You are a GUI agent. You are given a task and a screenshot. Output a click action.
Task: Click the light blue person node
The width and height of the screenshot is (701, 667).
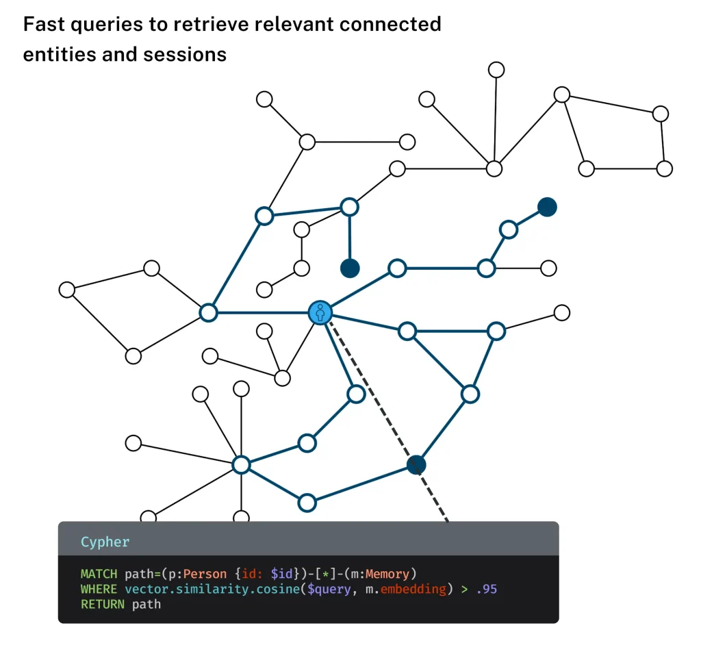point(320,313)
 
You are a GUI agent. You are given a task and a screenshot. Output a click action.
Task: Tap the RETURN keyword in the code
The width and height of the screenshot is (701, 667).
point(103,604)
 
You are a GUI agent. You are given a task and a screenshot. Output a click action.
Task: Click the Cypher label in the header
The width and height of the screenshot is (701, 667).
point(105,542)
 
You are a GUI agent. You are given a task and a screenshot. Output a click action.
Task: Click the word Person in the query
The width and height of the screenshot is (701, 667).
point(205,574)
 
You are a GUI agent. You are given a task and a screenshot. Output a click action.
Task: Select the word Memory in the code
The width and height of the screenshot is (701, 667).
point(387,574)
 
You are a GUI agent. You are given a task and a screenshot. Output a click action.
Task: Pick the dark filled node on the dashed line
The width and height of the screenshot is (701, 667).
point(416,465)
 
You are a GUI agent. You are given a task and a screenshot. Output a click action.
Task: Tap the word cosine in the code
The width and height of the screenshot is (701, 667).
point(270,589)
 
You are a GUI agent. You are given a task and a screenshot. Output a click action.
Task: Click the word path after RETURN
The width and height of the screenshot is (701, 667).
point(146,604)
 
